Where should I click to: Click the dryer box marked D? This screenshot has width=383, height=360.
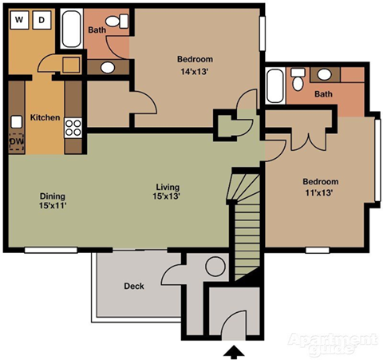click(x=42, y=18)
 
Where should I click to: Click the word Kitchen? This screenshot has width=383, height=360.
click(x=45, y=117)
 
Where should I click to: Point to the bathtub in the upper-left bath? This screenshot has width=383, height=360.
click(x=71, y=30)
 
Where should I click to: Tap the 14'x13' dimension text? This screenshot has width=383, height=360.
click(x=194, y=71)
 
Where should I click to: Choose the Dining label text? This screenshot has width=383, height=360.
click(x=52, y=196)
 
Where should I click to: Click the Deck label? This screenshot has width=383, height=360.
click(x=133, y=286)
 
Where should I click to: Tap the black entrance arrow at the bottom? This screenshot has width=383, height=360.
click(x=233, y=350)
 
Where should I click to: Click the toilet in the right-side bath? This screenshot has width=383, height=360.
click(x=297, y=79)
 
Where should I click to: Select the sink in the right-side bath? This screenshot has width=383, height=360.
click(x=325, y=76)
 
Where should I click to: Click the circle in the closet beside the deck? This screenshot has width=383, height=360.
click(x=215, y=267)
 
